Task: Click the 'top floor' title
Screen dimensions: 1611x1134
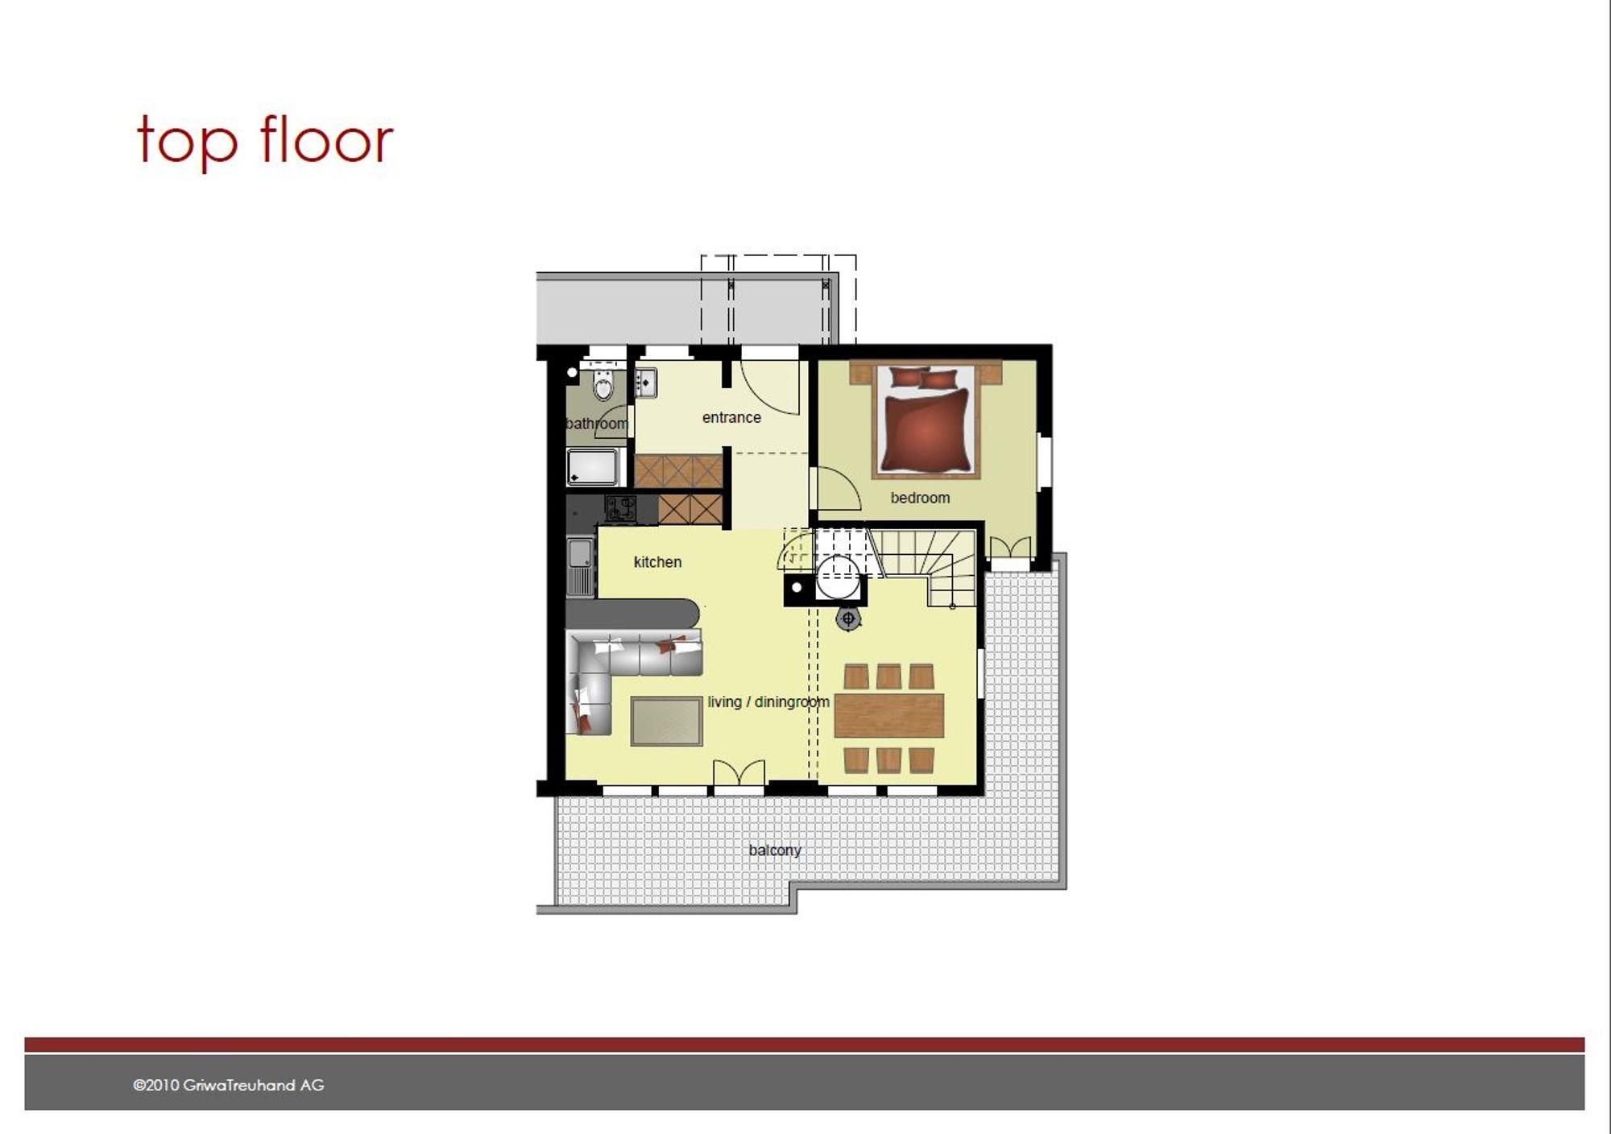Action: (x=265, y=142)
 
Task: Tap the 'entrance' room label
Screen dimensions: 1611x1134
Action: (x=731, y=417)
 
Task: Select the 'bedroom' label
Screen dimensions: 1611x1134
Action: (x=920, y=498)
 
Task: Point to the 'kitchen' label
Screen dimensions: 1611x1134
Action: (x=657, y=562)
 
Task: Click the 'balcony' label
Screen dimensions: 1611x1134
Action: (x=774, y=850)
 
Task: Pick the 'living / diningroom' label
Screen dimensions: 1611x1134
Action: (x=768, y=702)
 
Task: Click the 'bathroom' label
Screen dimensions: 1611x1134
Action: (x=597, y=424)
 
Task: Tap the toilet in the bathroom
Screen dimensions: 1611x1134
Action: (x=603, y=384)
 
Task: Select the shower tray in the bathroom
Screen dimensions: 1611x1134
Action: (x=593, y=467)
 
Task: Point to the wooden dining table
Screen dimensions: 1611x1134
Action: (x=888, y=716)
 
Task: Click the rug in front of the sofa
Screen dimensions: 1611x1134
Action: (x=666, y=721)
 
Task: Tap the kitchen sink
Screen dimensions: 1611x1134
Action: (x=580, y=565)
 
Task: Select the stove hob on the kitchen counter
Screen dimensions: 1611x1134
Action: (x=620, y=508)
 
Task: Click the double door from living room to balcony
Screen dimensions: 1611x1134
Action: (x=739, y=772)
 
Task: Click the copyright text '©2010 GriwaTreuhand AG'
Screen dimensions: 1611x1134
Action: (x=229, y=1085)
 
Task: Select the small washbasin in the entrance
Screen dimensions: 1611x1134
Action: (x=645, y=383)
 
